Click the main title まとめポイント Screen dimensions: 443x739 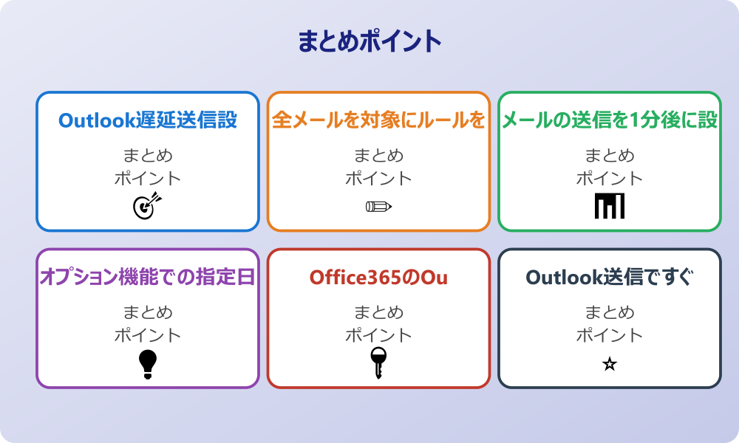click(x=369, y=41)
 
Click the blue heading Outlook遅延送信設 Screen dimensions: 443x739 click(x=148, y=120)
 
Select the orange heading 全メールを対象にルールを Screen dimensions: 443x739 click(x=378, y=120)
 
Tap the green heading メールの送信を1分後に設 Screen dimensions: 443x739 click(x=610, y=120)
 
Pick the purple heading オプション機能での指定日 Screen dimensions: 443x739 click(x=148, y=277)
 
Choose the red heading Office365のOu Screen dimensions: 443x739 click(x=378, y=277)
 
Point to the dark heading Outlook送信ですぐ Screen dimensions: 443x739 click(x=610, y=277)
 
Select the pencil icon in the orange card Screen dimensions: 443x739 click(x=378, y=206)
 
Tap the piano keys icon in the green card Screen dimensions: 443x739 click(x=610, y=206)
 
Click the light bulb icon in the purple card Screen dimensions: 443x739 click(x=148, y=363)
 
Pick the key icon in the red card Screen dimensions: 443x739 click(x=378, y=363)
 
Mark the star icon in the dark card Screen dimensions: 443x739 click(x=610, y=364)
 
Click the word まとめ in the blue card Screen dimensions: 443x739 click(x=148, y=156)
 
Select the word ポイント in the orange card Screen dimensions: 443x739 click(x=378, y=178)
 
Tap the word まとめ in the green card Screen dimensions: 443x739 click(x=610, y=156)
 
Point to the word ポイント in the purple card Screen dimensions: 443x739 click(x=148, y=335)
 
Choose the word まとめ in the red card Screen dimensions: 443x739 click(x=378, y=313)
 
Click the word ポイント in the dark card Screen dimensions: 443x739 click(x=610, y=335)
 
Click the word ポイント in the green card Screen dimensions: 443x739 click(x=610, y=178)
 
